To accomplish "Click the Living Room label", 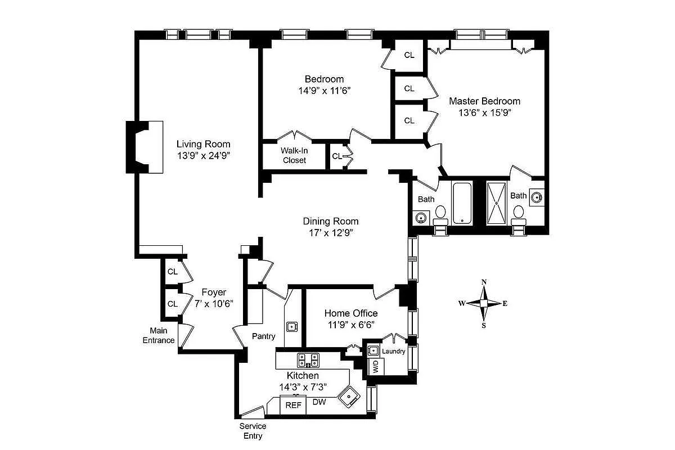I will [x=203, y=144].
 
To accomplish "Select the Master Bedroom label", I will [x=484, y=101].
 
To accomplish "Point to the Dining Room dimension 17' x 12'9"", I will [x=331, y=232].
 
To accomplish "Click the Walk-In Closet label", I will [x=294, y=155].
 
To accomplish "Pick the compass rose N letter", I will [x=484, y=282].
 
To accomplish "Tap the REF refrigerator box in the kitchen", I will [x=292, y=405].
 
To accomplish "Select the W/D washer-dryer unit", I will [x=375, y=367].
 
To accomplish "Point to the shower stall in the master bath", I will [x=497, y=202].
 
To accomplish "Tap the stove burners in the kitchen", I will [x=308, y=359].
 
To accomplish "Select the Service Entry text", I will [x=253, y=431].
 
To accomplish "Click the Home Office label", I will [x=351, y=313].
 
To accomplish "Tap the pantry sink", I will [x=292, y=326].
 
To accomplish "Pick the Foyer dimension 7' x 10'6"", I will [x=214, y=303].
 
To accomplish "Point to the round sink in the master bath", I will [x=537, y=197].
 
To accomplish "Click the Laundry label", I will [x=393, y=351].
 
